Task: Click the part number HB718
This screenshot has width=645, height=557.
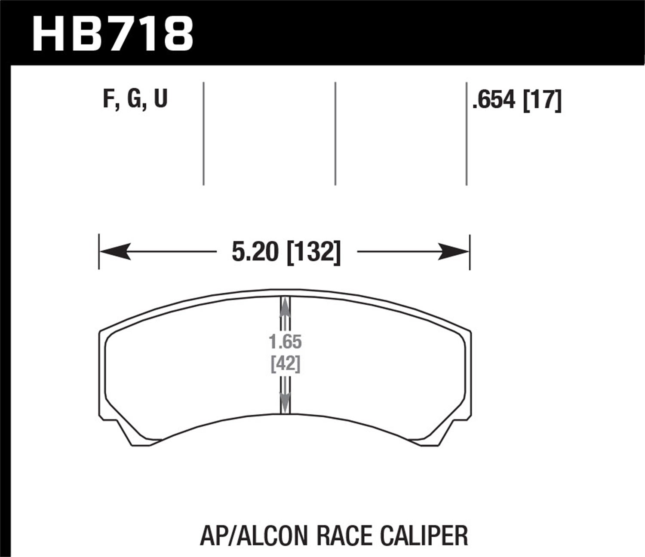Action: (113, 33)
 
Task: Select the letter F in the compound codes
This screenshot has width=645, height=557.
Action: (108, 99)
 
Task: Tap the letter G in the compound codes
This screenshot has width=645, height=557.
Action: (134, 99)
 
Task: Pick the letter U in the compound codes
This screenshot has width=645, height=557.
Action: (160, 99)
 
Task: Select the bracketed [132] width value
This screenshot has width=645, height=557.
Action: (313, 252)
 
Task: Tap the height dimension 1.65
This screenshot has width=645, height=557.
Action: (285, 343)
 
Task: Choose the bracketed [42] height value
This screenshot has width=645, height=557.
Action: (285, 364)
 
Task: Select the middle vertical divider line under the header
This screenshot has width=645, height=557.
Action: (335, 133)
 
